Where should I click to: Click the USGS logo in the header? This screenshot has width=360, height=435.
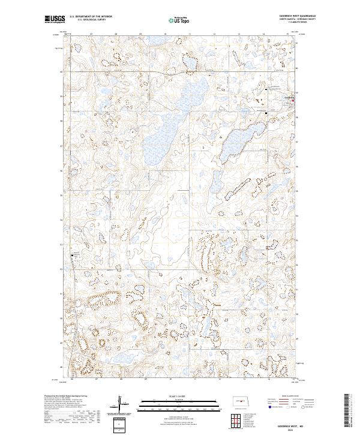53,20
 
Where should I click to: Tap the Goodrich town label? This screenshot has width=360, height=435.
288,97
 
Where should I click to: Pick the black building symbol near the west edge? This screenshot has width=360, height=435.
74,254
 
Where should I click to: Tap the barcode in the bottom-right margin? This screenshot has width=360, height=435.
347,410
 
